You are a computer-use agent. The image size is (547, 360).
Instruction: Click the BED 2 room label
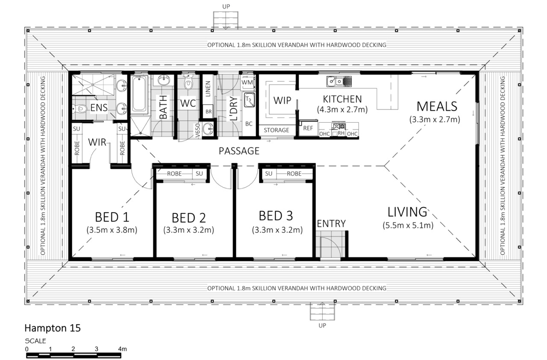click(189, 218)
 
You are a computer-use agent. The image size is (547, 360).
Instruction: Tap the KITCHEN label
click(342, 99)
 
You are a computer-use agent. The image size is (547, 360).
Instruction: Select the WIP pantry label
click(282, 100)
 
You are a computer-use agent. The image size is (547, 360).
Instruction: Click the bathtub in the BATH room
click(139, 94)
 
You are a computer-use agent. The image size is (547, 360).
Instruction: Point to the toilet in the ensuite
click(79, 109)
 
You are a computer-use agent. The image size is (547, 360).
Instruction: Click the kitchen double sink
click(339, 81)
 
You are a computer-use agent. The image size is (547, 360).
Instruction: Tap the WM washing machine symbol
click(247, 83)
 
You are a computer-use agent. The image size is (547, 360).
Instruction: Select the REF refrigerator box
click(308, 128)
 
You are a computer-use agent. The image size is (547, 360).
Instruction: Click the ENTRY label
click(331, 224)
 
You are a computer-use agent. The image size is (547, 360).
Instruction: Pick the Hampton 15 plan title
click(53, 328)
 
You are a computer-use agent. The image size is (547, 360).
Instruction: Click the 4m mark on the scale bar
click(122, 349)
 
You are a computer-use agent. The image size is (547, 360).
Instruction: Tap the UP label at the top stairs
click(226, 6)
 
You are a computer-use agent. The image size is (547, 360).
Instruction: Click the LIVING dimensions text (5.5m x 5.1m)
click(408, 225)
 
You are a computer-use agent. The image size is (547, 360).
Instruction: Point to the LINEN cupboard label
click(208, 89)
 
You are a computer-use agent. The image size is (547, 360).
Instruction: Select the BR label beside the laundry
click(209, 112)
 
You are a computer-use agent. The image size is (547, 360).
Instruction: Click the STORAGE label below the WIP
click(276, 130)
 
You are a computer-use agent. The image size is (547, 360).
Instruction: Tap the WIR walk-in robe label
click(97, 142)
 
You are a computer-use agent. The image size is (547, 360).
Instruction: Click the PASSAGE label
click(239, 151)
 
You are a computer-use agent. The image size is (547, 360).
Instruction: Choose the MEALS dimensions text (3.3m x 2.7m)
click(435, 119)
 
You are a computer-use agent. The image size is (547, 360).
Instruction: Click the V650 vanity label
click(198, 130)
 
